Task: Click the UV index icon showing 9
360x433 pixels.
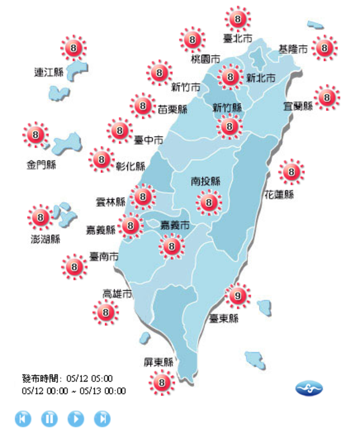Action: point(237,295)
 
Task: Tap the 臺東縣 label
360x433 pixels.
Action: point(224,319)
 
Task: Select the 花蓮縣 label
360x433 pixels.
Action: point(280,195)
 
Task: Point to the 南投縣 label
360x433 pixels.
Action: point(206,181)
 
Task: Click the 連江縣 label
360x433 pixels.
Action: point(48,72)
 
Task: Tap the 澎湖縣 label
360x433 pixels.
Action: point(45,239)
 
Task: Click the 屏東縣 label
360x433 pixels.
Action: point(159,362)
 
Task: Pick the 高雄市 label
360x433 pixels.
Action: point(117,294)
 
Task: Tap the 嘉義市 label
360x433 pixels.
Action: point(175,225)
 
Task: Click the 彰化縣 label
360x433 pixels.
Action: point(130,167)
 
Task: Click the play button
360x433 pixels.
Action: point(76,418)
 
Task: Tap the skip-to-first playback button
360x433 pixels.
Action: point(23,418)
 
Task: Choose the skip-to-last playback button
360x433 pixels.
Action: point(102,418)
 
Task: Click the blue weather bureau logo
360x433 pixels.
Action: point(309,389)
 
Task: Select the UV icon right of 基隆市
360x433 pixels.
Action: point(325,48)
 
